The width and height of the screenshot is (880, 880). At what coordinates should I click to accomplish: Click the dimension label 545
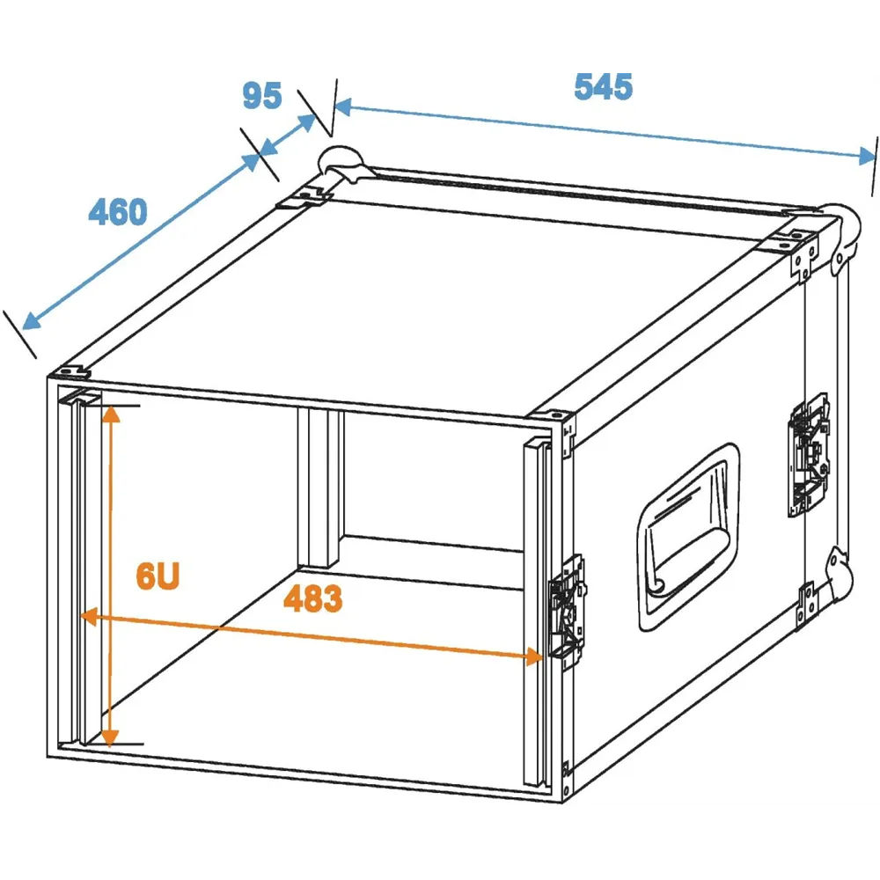(x=604, y=87)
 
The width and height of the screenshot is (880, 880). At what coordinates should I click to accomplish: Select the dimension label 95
(x=262, y=95)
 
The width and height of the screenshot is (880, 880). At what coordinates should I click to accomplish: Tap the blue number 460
(x=118, y=211)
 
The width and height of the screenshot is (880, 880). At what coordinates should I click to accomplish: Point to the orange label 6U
(x=158, y=576)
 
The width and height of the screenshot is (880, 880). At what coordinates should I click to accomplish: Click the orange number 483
(x=312, y=598)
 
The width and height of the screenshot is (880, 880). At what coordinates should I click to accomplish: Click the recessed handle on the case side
(x=687, y=536)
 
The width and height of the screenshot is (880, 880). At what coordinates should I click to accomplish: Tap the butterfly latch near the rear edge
(x=808, y=455)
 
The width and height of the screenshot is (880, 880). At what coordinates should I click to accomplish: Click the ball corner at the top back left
(x=341, y=163)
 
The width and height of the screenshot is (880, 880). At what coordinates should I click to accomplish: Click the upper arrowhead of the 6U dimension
(x=111, y=413)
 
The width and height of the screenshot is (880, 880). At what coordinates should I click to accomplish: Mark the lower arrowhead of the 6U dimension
(x=110, y=738)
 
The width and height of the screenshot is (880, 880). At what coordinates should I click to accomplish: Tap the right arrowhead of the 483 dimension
(x=534, y=656)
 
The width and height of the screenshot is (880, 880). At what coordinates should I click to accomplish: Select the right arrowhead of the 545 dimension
(x=867, y=156)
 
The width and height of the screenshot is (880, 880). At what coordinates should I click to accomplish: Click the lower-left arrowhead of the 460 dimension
(x=31, y=321)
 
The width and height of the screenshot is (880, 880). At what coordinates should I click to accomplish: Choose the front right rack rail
(x=536, y=612)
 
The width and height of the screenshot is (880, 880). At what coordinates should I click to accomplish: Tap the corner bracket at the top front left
(x=70, y=372)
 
